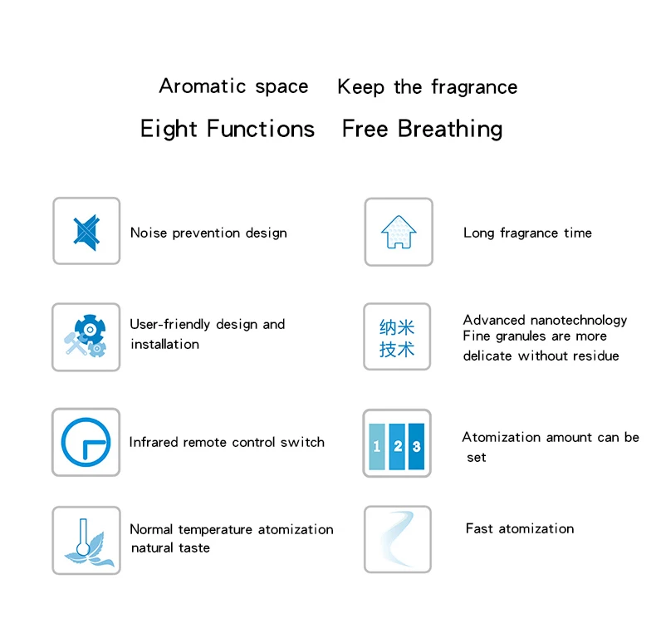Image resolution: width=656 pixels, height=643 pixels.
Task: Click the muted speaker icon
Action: tap(86, 231)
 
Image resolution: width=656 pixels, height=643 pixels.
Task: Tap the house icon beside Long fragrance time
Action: tap(399, 232)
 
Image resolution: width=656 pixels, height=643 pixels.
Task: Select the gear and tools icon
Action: tap(86, 336)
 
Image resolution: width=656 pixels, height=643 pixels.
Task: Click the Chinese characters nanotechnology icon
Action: tap(397, 337)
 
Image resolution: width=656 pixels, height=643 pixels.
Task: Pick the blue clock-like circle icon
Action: tap(86, 442)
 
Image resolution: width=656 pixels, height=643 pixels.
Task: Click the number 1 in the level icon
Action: tap(377, 446)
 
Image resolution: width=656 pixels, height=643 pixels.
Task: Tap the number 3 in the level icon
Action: tap(416, 446)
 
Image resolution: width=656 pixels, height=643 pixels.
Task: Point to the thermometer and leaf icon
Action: tap(86, 540)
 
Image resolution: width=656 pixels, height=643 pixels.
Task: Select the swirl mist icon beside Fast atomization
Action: tap(398, 540)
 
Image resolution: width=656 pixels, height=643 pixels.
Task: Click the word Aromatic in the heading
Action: tap(193, 86)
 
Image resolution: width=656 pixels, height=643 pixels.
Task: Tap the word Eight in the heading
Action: tap(169, 130)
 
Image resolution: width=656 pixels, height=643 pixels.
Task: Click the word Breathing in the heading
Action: tap(450, 130)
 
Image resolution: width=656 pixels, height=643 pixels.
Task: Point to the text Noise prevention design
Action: tap(208, 233)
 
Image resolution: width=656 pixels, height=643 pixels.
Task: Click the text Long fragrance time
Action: tap(527, 233)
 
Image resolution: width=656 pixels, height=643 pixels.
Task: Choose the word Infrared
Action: tap(153, 442)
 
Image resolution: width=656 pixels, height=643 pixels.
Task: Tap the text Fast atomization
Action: tap(520, 528)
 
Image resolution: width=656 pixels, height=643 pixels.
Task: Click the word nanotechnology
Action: tap(579, 320)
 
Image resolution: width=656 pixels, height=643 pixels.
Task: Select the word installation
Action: tap(164, 344)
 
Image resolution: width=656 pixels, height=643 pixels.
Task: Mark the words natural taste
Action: tap(170, 548)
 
